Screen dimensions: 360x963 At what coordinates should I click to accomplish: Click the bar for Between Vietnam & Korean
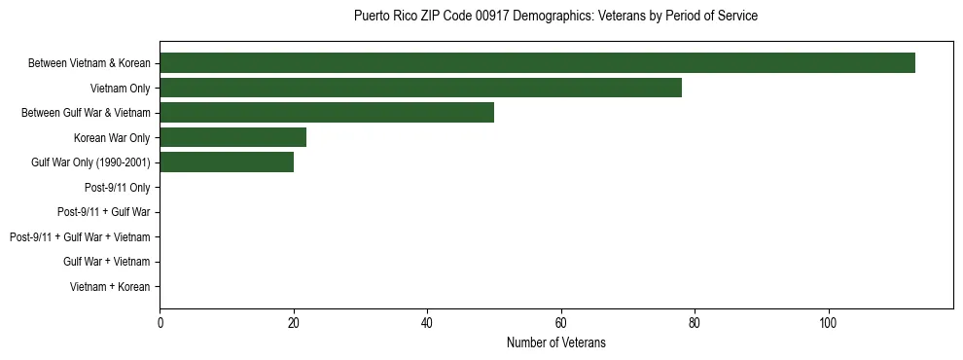click(x=537, y=63)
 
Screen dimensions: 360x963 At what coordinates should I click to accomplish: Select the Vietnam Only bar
click(x=420, y=88)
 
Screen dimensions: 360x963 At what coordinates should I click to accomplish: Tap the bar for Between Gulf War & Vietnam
click(x=327, y=113)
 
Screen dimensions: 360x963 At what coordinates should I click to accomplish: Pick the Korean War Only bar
click(x=233, y=137)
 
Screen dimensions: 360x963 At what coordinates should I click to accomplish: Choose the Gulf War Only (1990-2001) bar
click(x=227, y=162)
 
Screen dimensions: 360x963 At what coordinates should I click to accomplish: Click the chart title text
click(x=555, y=17)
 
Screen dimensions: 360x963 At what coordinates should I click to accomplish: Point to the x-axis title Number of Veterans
click(x=555, y=342)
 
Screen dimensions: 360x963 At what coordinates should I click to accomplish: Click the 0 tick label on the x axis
click(x=160, y=322)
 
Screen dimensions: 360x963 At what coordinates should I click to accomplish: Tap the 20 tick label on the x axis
click(x=294, y=322)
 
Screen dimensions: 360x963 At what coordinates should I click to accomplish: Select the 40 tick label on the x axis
click(x=427, y=322)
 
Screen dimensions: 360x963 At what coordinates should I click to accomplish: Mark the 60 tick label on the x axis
click(x=561, y=322)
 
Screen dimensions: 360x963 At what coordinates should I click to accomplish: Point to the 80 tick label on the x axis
click(x=695, y=322)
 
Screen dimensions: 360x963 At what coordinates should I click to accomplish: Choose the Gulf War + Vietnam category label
click(x=107, y=262)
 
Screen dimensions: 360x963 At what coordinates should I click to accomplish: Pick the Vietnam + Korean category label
click(x=110, y=287)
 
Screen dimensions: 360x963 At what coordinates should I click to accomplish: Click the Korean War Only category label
click(x=112, y=137)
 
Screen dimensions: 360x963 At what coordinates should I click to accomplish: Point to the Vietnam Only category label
click(x=120, y=88)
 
